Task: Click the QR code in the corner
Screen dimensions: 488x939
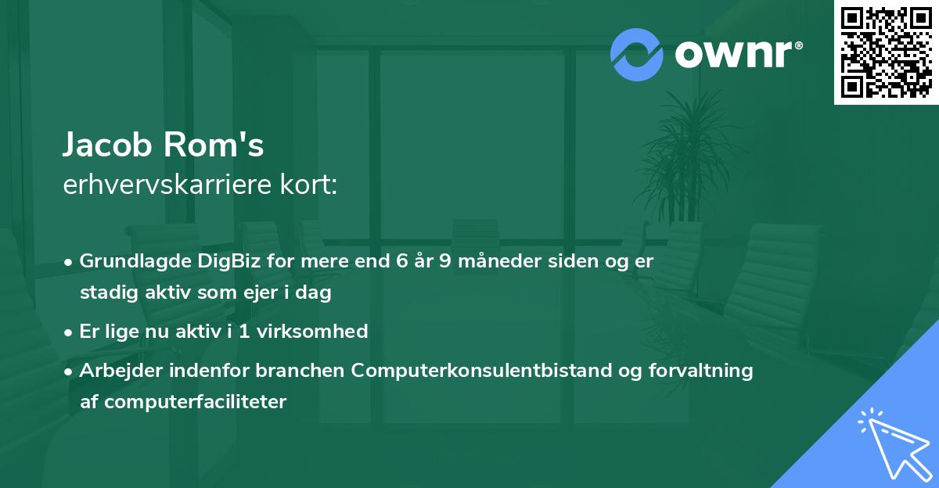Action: point(886,52)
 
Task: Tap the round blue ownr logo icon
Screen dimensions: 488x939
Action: point(637,54)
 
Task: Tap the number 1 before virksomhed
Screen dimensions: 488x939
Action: point(244,331)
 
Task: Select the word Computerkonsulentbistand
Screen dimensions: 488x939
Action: point(488,370)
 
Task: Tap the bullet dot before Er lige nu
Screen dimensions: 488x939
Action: point(70,332)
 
